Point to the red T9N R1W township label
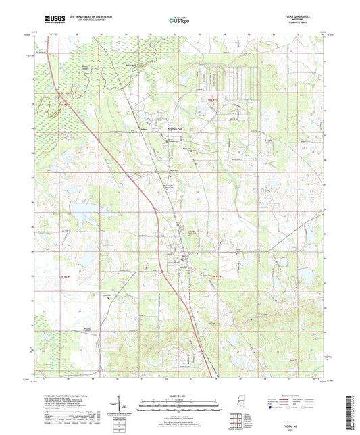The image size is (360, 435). pyautogui.click(x=201, y=102)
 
